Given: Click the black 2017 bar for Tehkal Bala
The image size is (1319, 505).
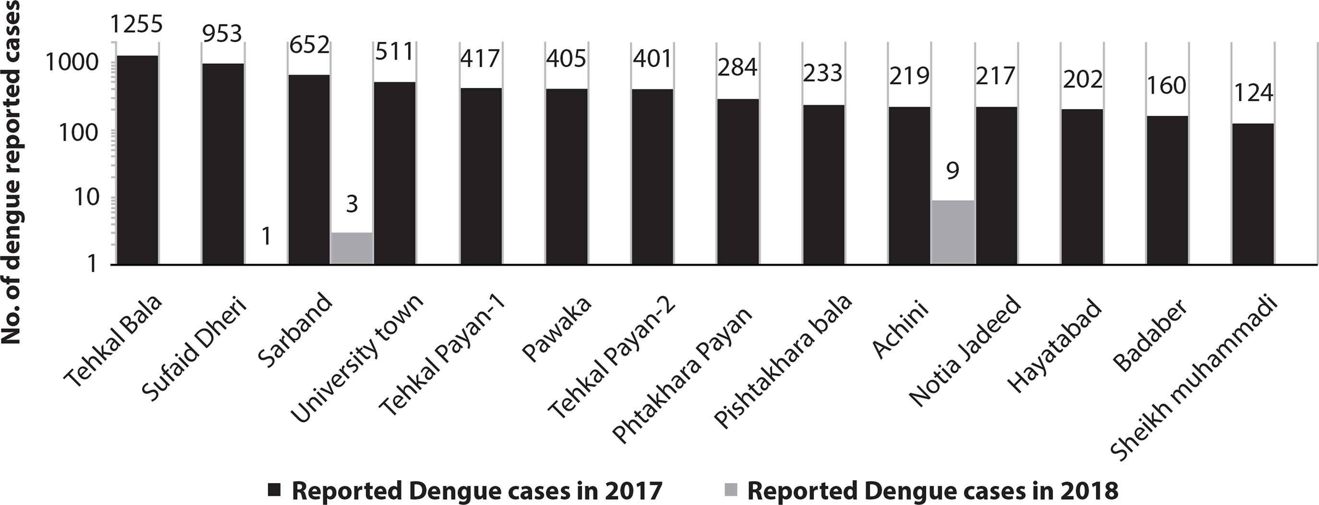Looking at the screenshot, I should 137,160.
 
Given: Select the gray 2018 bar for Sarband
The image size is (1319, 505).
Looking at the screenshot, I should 351,249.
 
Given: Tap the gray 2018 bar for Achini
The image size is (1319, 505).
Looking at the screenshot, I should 952,232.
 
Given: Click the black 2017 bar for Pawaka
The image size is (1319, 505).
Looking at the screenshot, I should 566,176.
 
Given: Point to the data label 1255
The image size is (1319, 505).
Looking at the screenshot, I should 137,24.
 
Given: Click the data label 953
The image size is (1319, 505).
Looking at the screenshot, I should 222,34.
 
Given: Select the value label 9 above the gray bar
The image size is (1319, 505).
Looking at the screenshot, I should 952,170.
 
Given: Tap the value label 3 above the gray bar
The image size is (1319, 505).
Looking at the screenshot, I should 352,204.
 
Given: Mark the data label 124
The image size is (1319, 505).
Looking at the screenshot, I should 1252,93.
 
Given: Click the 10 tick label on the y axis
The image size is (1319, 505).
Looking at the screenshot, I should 84,198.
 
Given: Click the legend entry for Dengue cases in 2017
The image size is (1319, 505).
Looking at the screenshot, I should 476,491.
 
